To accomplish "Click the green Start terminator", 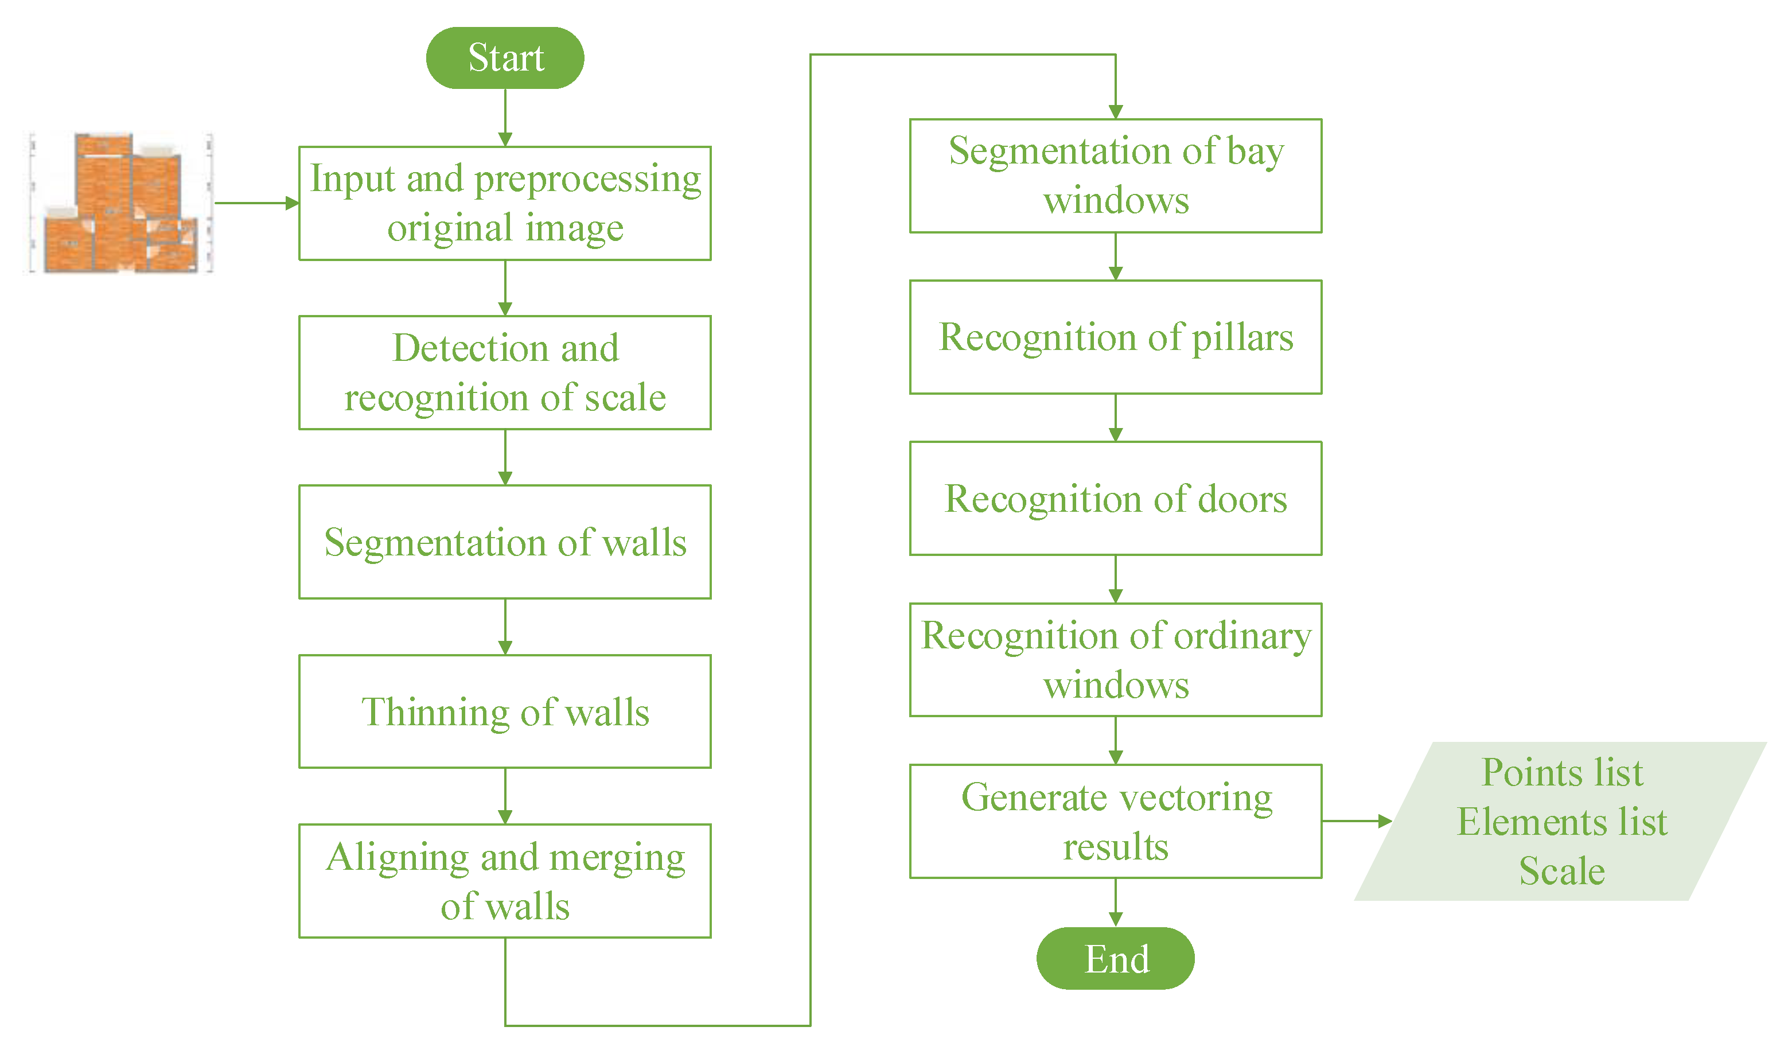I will coord(505,57).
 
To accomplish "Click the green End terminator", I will coord(1116,959).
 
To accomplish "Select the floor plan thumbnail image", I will coord(119,203).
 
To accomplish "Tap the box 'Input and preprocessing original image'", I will coord(505,203).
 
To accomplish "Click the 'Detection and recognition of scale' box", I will coord(505,373).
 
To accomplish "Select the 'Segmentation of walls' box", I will coord(505,542).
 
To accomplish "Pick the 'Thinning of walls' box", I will coord(505,711).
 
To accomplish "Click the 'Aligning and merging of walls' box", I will coord(505,881).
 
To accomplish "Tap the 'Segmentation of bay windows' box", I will coord(1116,176).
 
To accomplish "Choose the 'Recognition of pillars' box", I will coord(1116,337).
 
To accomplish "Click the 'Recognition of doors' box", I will coord(1116,499).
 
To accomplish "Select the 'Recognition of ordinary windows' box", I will coord(1116,660).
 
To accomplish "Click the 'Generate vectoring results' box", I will coord(1116,822).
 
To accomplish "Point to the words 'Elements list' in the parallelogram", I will coord(1562,822).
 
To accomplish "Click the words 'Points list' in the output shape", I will coord(1562,773).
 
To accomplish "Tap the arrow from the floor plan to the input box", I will coord(256,203).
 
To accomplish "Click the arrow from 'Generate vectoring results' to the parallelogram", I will coord(1356,821).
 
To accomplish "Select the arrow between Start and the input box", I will coord(505,117).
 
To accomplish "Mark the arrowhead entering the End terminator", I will coord(1116,919).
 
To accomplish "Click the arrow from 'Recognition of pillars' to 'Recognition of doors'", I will coord(1116,418).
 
